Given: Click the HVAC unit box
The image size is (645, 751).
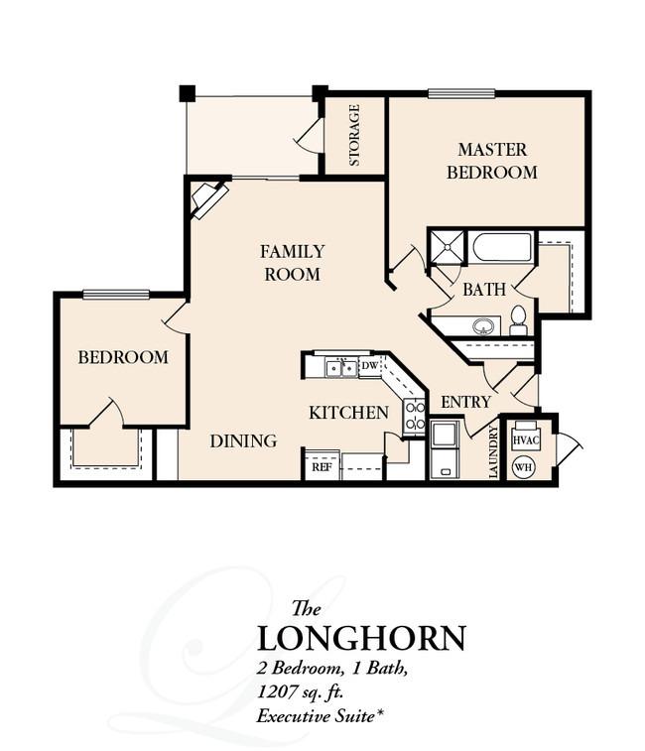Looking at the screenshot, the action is click(x=526, y=438).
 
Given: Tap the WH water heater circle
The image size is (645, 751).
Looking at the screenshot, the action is click(x=524, y=466).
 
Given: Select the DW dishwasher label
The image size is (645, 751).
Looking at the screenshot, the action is click(x=369, y=366).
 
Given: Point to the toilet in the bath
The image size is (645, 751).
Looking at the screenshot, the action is click(x=518, y=320).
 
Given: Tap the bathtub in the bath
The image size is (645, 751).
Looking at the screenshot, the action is click(x=503, y=247).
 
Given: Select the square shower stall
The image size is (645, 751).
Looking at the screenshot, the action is click(x=448, y=247).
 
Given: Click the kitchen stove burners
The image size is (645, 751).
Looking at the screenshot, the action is click(x=415, y=417).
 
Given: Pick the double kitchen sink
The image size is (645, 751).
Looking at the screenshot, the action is click(x=341, y=368).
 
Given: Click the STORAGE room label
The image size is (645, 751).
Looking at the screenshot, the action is click(x=354, y=135).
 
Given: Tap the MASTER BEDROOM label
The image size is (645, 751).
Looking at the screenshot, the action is click(x=492, y=161).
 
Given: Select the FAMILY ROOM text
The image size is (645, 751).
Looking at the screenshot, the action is click(x=293, y=263).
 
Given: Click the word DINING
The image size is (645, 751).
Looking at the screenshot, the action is click(x=243, y=440).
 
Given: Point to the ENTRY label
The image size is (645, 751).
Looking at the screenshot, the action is click(x=465, y=402).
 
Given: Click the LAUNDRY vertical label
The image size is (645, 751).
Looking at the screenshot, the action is click(x=493, y=452).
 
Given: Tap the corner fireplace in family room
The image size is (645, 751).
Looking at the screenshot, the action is click(x=209, y=199).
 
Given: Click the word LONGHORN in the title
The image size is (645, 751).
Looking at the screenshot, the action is click(x=362, y=638).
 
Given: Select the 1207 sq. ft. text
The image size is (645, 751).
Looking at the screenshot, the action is click(x=301, y=692).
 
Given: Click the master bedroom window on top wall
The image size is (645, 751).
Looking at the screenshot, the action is click(x=461, y=93).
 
